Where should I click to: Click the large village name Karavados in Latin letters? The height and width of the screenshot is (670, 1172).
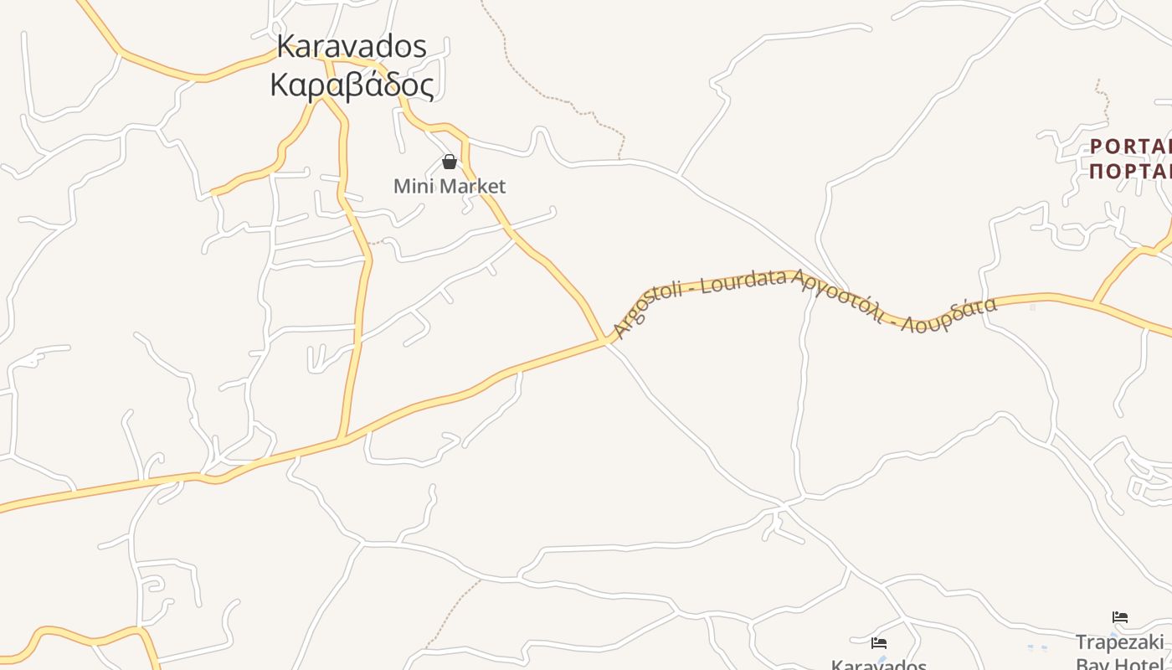point(351,47)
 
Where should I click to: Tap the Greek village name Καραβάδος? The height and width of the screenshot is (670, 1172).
point(352,85)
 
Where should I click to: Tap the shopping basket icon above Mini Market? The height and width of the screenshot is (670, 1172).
point(450,162)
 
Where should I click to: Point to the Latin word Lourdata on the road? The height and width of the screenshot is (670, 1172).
point(745,281)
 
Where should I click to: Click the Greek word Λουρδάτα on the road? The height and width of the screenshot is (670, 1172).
point(949,315)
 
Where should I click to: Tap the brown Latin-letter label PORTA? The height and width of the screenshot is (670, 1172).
point(1130,147)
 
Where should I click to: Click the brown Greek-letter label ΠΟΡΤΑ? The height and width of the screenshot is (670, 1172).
point(1130,171)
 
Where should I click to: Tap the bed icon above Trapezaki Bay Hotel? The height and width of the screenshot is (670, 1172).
point(1120,618)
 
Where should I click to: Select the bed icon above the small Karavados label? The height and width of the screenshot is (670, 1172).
point(879,643)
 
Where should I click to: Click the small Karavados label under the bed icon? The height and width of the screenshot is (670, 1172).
point(879,664)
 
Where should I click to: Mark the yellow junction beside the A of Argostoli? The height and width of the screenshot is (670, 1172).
point(604,339)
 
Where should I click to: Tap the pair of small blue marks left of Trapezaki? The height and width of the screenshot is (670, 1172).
point(1037,647)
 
